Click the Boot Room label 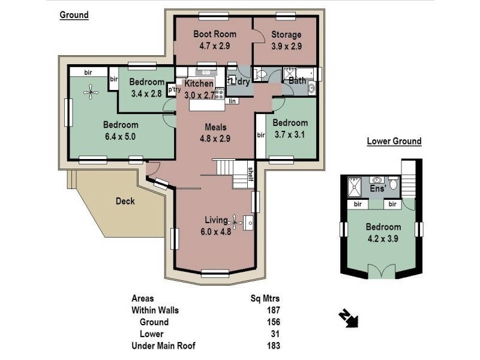(x=214, y=34)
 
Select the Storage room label (x=286, y=34)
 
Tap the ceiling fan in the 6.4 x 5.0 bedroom (x=91, y=92)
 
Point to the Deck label (x=125, y=202)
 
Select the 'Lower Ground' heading (x=394, y=142)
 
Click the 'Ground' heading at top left (x=74, y=16)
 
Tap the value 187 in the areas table (x=273, y=310)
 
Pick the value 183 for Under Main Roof (x=273, y=346)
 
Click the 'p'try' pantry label (x=175, y=90)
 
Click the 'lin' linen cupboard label (x=232, y=101)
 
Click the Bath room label (x=297, y=80)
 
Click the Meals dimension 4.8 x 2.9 (x=214, y=138)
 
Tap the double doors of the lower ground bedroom (x=382, y=272)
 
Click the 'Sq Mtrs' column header (x=265, y=298)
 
